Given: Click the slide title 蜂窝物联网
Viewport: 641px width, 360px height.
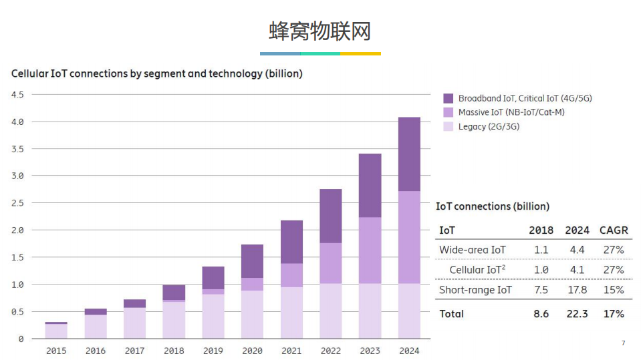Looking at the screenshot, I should (x=320, y=31).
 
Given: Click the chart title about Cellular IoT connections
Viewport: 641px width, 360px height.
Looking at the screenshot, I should (x=156, y=73).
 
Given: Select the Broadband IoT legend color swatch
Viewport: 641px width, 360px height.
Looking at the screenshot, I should (x=448, y=98).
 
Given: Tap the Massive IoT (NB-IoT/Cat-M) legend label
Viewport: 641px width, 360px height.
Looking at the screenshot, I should (x=511, y=112).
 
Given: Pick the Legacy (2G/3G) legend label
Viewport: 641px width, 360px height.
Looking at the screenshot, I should (x=489, y=126).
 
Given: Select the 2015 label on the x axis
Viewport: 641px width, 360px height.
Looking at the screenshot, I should (x=56, y=351).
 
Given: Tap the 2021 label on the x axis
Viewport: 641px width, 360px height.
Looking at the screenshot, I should (x=291, y=351).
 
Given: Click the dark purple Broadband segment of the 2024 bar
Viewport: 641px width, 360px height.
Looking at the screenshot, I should (x=409, y=154).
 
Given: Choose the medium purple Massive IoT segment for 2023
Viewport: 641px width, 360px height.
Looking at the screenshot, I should (x=370, y=250).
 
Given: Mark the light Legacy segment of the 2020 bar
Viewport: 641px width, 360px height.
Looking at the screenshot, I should (x=252, y=314).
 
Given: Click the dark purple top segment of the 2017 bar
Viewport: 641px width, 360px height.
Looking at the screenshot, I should (x=134, y=303).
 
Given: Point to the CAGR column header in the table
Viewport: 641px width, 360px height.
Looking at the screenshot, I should (x=613, y=230).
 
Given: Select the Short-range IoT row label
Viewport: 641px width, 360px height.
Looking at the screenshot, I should (x=475, y=290).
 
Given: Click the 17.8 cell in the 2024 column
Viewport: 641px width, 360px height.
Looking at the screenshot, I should (x=577, y=290).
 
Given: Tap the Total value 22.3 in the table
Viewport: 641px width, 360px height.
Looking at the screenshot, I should (x=577, y=314).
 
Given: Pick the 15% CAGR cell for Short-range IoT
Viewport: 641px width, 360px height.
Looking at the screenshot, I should (x=613, y=290).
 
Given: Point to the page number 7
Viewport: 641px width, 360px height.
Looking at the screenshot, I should (x=623, y=343).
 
